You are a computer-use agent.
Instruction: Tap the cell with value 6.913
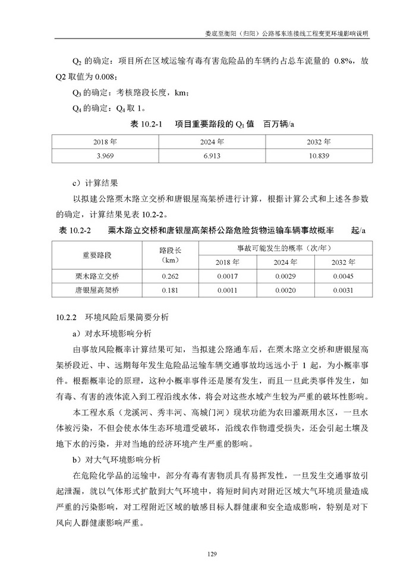pos(212,154)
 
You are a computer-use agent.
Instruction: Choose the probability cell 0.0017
pos(228,277)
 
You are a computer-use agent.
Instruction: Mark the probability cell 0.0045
pos(343,277)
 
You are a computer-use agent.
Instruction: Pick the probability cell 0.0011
pos(228,290)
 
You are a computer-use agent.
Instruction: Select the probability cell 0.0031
pos(343,290)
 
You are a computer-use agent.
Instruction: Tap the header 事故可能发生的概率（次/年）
pos(285,248)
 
